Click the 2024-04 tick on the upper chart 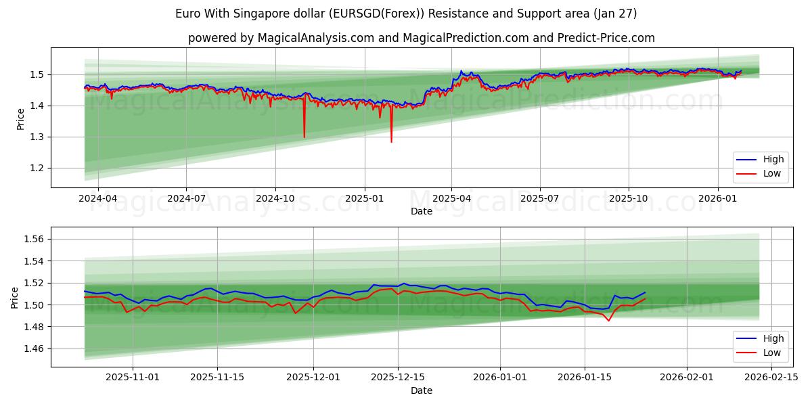tap(98, 198)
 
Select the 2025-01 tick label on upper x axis tap(365, 198)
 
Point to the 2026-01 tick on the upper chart tap(718, 198)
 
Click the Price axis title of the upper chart tap(20, 118)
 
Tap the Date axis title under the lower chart tap(421, 390)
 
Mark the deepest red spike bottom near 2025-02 tap(391, 141)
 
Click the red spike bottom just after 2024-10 tap(304, 137)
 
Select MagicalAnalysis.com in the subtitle tap(315, 38)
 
